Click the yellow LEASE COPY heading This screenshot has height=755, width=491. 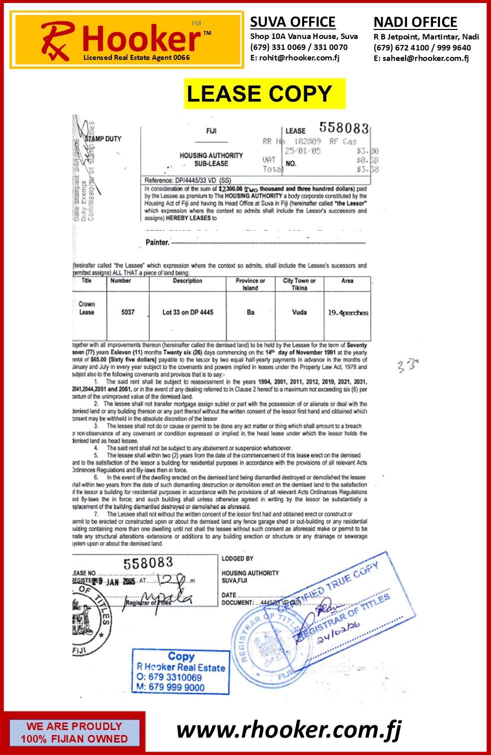pyautogui.click(x=264, y=94)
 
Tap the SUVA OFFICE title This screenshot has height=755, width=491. pyautogui.click(x=293, y=22)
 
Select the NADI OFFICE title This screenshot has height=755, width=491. pyautogui.click(x=415, y=22)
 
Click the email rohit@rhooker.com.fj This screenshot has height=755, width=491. pyautogui.click(x=299, y=57)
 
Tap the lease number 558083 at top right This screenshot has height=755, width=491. pyautogui.click(x=344, y=128)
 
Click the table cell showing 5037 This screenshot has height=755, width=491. pyautogui.click(x=128, y=312)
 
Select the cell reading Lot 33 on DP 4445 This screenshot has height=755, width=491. pyautogui.click(x=188, y=312)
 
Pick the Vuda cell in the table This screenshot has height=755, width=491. pyautogui.click(x=299, y=312)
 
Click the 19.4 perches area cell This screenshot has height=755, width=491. pyautogui.click(x=348, y=313)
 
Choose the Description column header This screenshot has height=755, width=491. pyautogui.click(x=187, y=281)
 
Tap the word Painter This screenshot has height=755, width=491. pyautogui.click(x=157, y=242)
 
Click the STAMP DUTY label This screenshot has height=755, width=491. pyautogui.click(x=103, y=139)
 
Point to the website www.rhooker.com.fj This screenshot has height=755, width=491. pyautogui.click(x=289, y=730)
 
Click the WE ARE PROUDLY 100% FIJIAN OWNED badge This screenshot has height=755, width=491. pyautogui.click(x=74, y=733)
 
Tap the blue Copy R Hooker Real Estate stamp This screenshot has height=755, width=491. pyautogui.click(x=181, y=671)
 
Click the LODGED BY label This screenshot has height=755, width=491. pyautogui.click(x=237, y=558)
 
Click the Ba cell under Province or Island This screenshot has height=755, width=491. pyautogui.click(x=251, y=312)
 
